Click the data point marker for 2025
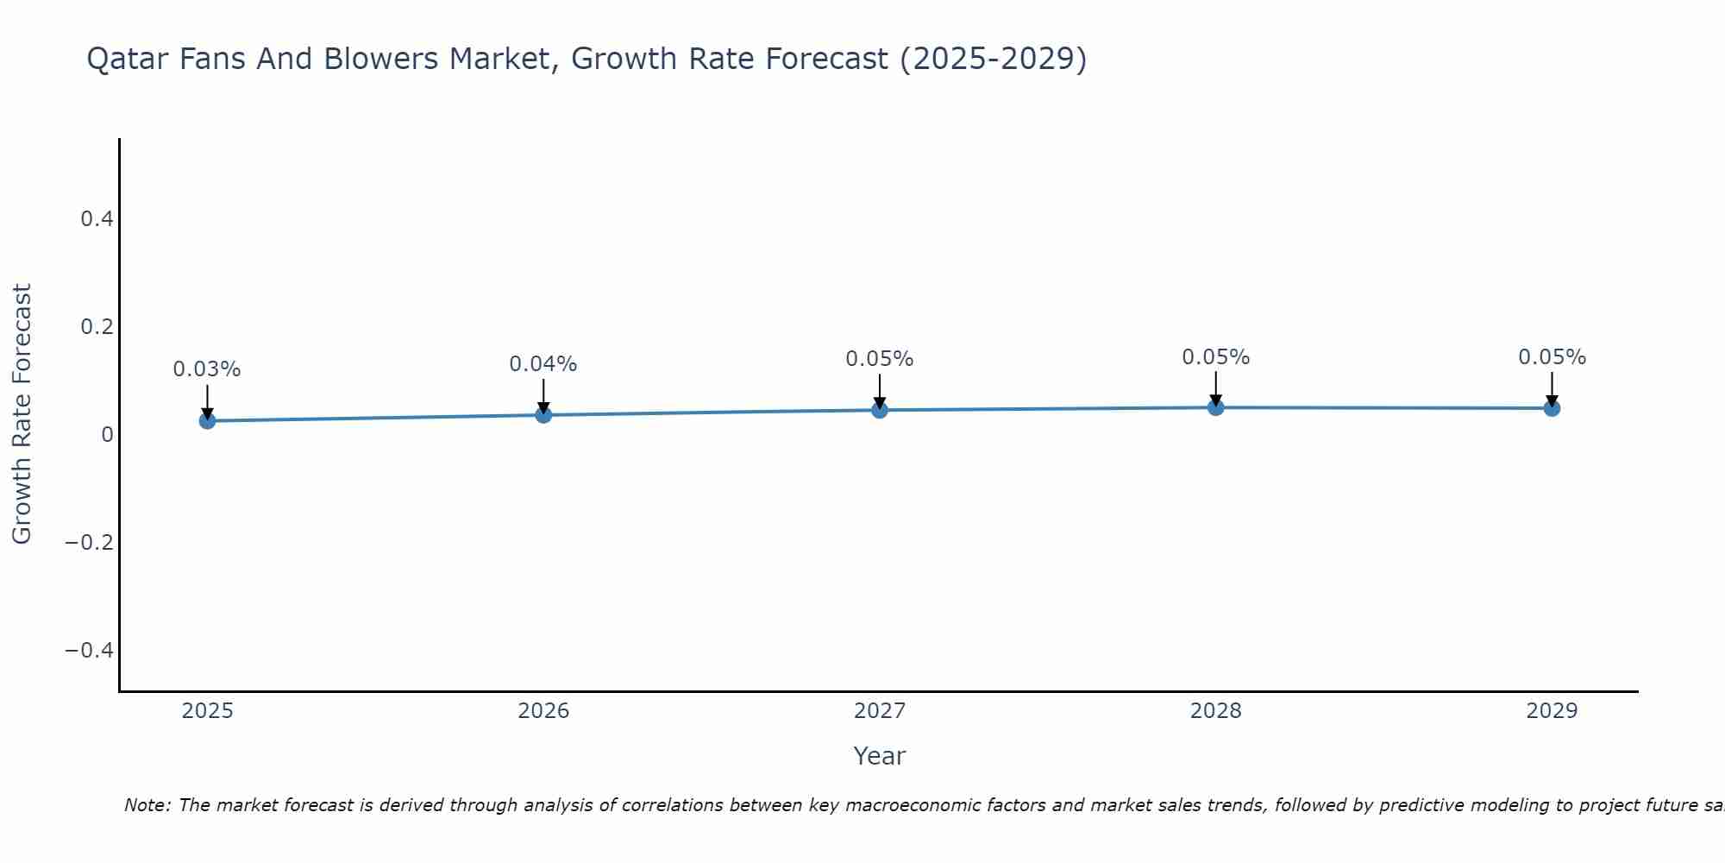pyautogui.click(x=207, y=421)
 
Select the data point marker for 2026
pyautogui.click(x=543, y=415)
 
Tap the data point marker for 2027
pyautogui.click(x=880, y=410)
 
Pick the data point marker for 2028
pyautogui.click(x=1216, y=407)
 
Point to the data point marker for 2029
pyautogui.click(x=1552, y=408)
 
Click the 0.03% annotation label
pyautogui.click(x=207, y=369)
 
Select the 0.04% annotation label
pyautogui.click(x=543, y=364)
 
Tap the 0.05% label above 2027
pyautogui.click(x=880, y=359)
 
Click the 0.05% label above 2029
pyautogui.click(x=1552, y=357)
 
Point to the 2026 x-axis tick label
pyautogui.click(x=543, y=711)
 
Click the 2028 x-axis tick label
pyautogui.click(x=1216, y=711)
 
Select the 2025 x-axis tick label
pyautogui.click(x=208, y=711)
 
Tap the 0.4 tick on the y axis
pyautogui.click(x=97, y=219)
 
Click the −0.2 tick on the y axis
pyautogui.click(x=90, y=542)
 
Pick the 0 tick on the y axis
pyautogui.click(x=108, y=434)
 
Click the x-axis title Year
pyautogui.click(x=880, y=756)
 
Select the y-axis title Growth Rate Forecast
pyautogui.click(x=22, y=414)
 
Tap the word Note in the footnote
pyautogui.click(x=147, y=805)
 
